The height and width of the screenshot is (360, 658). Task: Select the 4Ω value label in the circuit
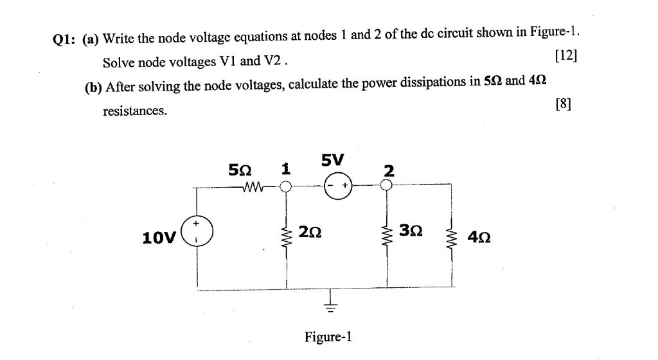(x=481, y=238)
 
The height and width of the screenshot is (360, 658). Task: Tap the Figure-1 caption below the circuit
(x=328, y=337)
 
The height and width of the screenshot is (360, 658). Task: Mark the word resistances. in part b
(x=135, y=111)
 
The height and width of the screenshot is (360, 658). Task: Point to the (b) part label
(x=94, y=87)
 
